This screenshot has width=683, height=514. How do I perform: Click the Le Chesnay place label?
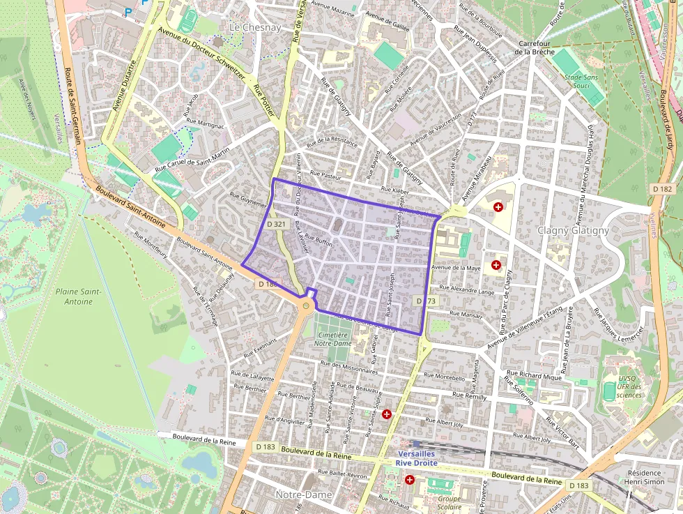tap(254, 27)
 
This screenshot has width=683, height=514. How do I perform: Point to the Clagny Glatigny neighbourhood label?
tap(573, 230)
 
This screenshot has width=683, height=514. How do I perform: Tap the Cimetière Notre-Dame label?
tap(333, 338)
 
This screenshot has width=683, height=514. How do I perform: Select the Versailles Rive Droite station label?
tap(417, 458)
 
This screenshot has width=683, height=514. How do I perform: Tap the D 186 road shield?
tap(268, 284)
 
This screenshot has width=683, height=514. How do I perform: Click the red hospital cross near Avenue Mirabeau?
tap(498, 207)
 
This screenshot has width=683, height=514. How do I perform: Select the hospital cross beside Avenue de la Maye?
tap(496, 264)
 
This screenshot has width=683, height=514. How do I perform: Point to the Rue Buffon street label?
tap(319, 241)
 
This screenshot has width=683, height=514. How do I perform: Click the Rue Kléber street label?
tap(394, 190)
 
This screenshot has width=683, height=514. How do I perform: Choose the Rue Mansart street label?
tap(466, 315)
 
